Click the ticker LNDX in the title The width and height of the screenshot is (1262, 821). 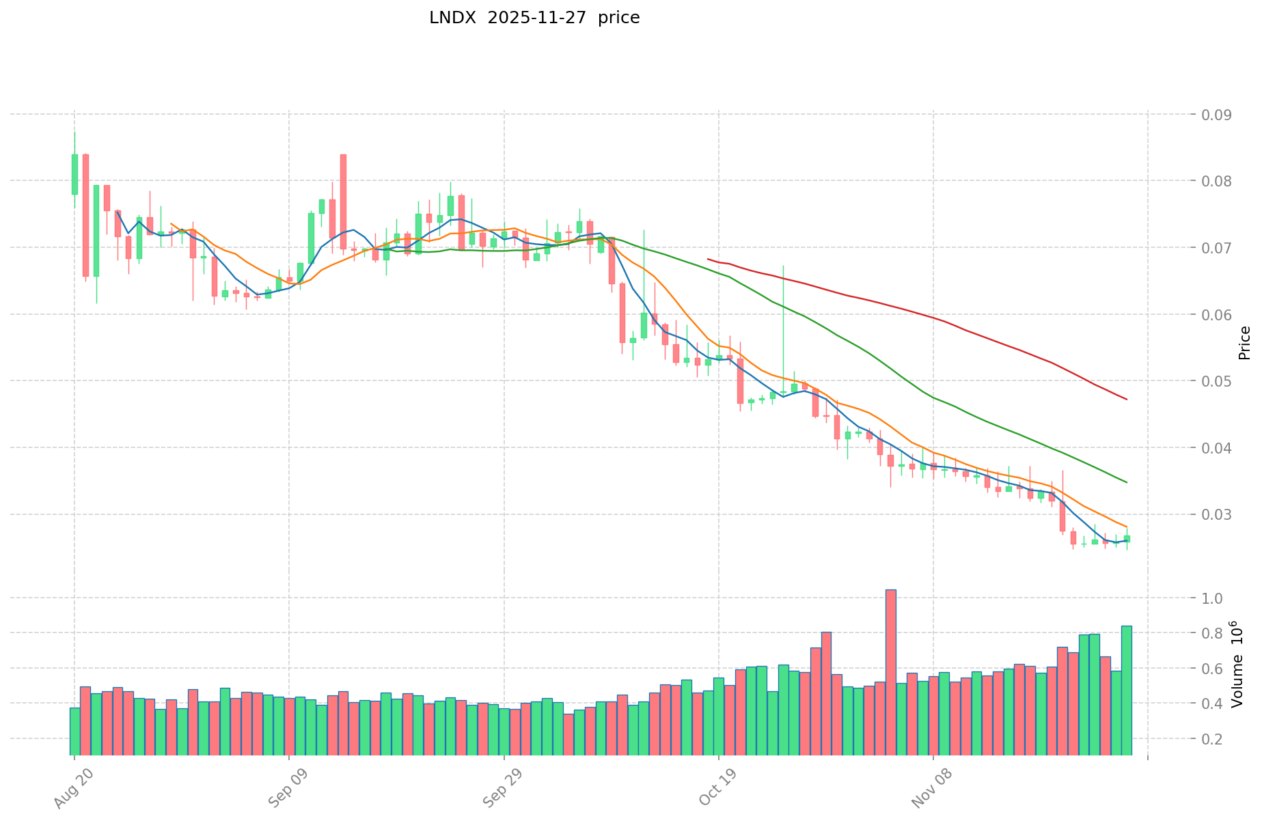coord(449,18)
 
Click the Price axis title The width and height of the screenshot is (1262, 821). coord(1244,343)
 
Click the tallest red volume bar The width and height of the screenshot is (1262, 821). coord(890,672)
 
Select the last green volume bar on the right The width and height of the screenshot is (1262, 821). coord(1126,690)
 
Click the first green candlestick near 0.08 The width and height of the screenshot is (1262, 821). coord(74,174)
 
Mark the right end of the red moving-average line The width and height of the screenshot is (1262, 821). coord(1127,400)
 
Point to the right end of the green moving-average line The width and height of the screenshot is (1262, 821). coord(1127,483)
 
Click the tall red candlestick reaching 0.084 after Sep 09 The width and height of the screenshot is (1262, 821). coord(343,201)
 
